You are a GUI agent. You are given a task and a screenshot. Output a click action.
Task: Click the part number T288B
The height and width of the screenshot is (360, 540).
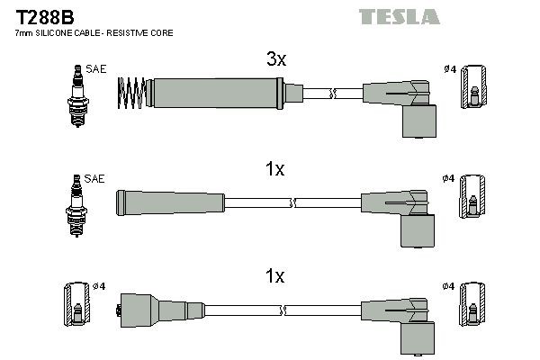point(35,15)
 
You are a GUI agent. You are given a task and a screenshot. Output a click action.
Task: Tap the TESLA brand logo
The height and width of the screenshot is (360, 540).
point(399,16)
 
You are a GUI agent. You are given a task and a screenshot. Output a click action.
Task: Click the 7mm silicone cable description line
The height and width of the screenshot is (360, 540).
point(94,32)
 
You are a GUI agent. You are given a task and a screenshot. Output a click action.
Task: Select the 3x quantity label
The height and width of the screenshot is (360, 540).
point(275,60)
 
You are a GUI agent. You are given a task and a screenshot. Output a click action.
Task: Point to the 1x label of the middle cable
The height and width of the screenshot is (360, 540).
point(275,169)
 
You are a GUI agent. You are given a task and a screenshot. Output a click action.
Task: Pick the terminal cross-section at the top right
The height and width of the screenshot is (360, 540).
point(474,93)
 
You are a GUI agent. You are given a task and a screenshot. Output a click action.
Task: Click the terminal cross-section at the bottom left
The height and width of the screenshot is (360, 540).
point(77,307)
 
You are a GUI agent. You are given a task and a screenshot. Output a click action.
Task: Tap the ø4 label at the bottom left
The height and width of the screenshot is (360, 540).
point(100,287)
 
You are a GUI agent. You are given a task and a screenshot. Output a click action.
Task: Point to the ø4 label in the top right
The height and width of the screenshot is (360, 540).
point(449,68)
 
